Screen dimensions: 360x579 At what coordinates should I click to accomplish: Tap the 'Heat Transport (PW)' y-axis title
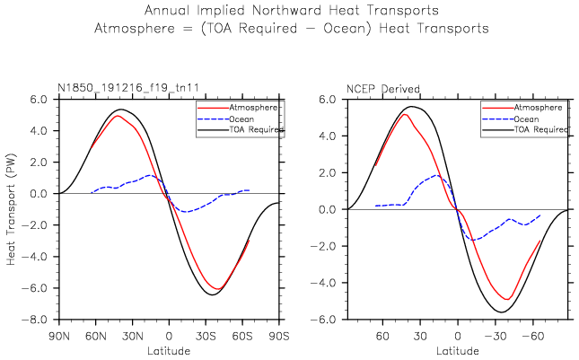tap(12, 209)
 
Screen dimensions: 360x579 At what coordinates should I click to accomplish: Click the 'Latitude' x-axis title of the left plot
tap(169, 349)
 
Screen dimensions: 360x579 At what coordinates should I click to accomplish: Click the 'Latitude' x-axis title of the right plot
tap(457, 349)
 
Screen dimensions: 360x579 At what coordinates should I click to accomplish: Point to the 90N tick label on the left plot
tap(59, 335)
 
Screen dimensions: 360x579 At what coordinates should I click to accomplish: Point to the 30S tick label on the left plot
tap(206, 335)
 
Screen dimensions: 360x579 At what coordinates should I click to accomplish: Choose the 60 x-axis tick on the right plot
tap(382, 335)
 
